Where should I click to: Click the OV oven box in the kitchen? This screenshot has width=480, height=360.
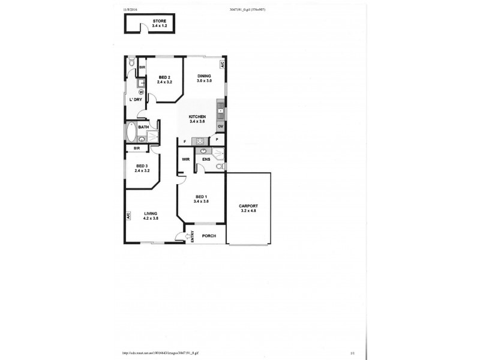(221, 127)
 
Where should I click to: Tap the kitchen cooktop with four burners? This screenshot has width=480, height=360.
(198, 142)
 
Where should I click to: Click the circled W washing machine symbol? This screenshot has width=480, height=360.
(140, 92)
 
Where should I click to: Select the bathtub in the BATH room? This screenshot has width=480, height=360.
(131, 131)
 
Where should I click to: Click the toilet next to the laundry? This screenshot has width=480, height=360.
(131, 62)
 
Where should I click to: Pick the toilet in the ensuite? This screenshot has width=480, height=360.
(220, 166)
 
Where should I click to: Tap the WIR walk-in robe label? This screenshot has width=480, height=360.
(186, 160)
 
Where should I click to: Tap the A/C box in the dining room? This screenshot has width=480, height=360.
(222, 63)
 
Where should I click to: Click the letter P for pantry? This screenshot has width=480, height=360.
(216, 140)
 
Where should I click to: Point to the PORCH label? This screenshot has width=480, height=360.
(209, 236)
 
